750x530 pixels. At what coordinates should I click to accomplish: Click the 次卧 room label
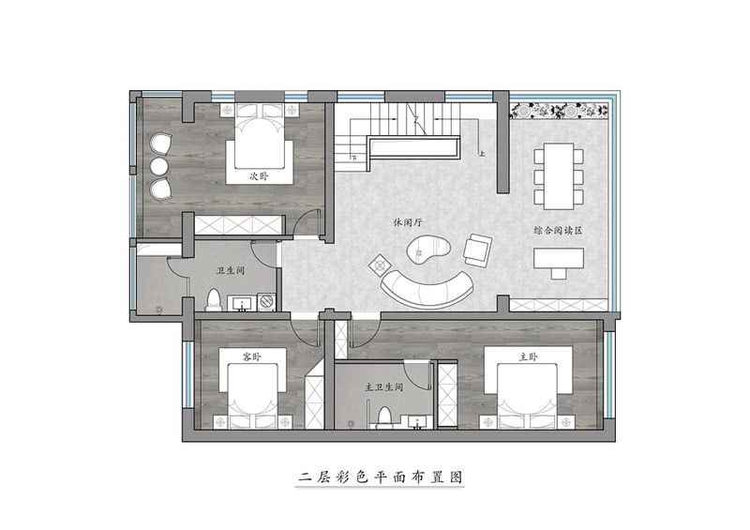259,175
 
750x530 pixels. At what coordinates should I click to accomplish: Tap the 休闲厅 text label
409,223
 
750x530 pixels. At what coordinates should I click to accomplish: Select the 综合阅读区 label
557,229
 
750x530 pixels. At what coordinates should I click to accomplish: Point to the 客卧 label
250,357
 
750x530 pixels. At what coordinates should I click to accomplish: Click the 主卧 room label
529,357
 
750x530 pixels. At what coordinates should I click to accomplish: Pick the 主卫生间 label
383,386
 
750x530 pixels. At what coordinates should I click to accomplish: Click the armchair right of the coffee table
477,250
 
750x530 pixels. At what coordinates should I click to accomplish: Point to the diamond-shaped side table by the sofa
379,264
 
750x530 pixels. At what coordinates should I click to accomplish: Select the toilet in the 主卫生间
382,418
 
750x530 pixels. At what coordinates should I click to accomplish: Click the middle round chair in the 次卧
159,167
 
